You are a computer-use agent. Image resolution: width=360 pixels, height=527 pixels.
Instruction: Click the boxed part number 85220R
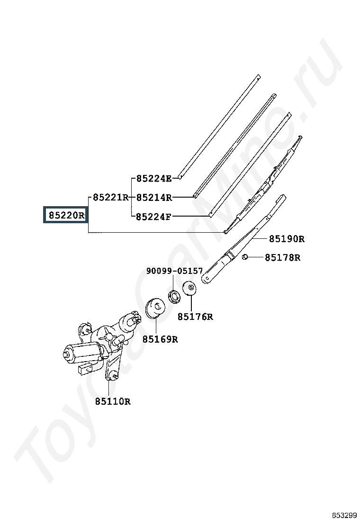(66, 215)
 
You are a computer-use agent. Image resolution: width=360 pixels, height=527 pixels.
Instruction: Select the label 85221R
(111, 197)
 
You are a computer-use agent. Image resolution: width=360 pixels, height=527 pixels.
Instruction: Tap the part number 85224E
(154, 179)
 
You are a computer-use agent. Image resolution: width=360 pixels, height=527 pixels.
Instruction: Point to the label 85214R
(154, 198)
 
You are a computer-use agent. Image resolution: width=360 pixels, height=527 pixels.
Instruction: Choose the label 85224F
(153, 217)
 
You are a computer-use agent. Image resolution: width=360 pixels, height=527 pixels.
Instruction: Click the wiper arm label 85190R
(287, 239)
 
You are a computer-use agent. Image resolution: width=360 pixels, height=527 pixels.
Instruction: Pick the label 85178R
(283, 257)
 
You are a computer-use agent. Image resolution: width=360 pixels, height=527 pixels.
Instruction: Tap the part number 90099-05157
(175, 271)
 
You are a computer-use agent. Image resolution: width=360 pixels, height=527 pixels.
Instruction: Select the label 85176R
(195, 317)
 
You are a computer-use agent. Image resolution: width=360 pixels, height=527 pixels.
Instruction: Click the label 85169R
(160, 339)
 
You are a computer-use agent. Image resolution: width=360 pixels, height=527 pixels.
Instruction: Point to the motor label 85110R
(113, 401)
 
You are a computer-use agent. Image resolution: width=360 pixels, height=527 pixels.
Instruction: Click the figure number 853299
(344, 515)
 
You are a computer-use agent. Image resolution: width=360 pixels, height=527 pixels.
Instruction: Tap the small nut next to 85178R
(245, 257)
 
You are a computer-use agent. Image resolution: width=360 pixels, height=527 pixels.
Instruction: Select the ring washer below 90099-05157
(174, 296)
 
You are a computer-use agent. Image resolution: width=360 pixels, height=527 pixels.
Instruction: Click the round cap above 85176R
(189, 288)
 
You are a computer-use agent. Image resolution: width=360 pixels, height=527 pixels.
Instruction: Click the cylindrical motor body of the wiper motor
(82, 353)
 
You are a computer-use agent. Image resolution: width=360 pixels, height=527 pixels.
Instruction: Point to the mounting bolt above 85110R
(112, 377)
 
